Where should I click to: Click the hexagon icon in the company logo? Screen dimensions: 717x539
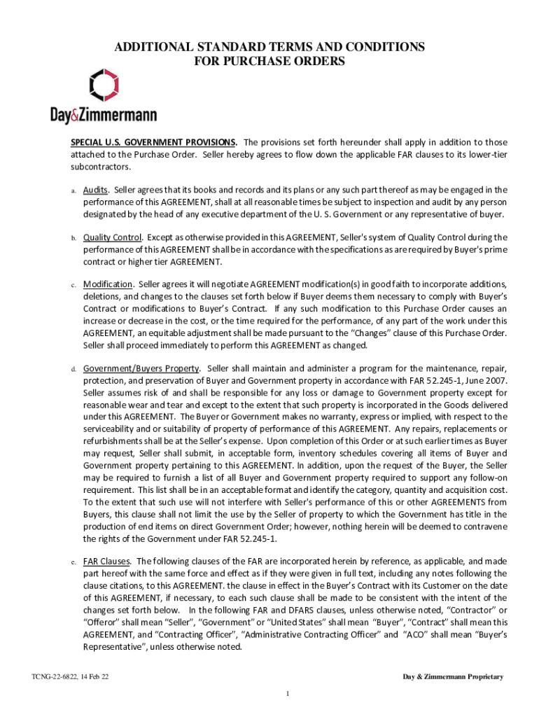104,85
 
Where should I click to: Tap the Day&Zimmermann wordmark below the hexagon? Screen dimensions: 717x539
103,114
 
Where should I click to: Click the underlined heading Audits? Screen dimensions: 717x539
96,190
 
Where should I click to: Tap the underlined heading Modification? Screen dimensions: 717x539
108,284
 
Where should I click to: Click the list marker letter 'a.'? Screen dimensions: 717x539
73,190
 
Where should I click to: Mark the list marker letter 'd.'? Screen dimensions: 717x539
73,368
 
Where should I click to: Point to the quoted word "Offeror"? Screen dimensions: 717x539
105,622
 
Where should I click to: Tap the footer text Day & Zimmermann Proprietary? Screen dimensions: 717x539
452,676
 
